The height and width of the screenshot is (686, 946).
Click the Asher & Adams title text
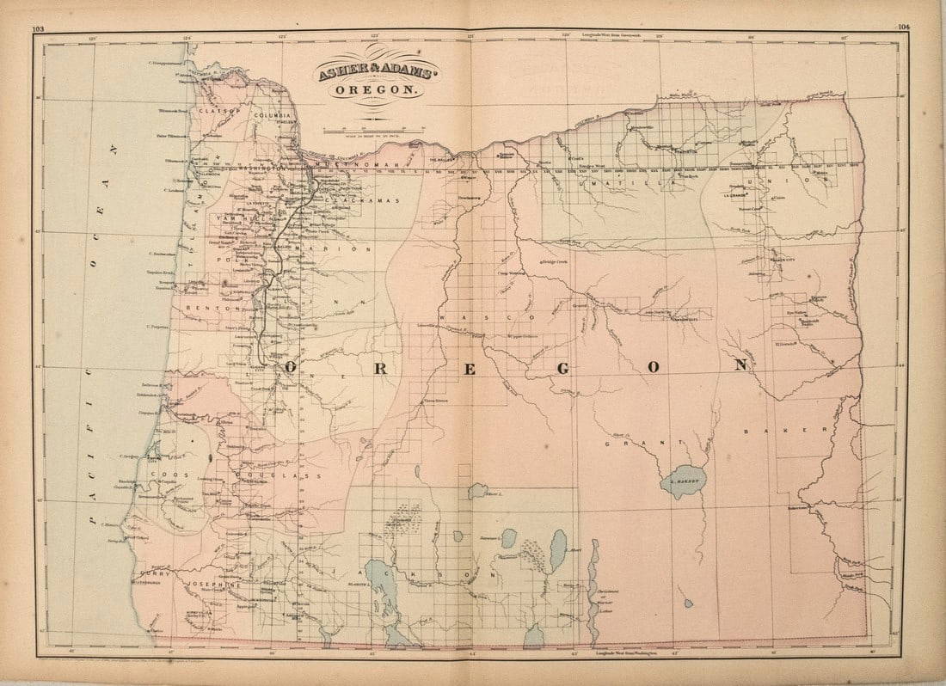coord(378,71)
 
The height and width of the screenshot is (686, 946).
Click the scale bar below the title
coord(375,130)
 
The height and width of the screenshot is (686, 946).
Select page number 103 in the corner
coord(38,28)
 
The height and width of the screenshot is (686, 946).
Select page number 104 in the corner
coord(903,28)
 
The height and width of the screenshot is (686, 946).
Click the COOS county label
coord(163,474)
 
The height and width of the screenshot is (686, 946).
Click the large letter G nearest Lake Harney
coord(563,367)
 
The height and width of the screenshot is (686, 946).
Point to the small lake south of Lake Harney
coord(688,602)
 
